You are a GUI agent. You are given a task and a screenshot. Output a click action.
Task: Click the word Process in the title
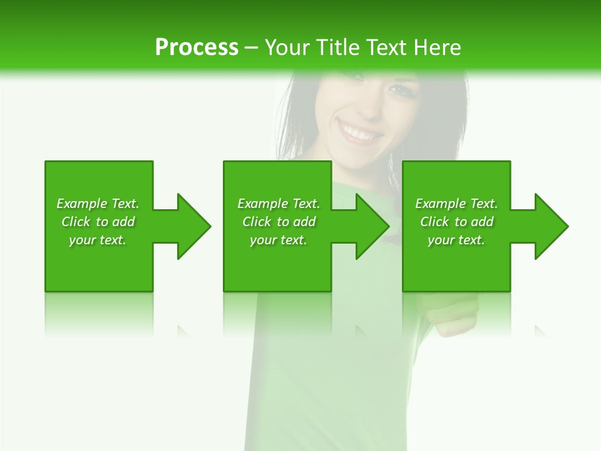click(x=197, y=48)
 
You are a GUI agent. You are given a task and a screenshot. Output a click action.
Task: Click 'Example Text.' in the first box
click(x=98, y=204)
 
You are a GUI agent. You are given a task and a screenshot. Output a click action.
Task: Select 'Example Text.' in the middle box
click(x=279, y=204)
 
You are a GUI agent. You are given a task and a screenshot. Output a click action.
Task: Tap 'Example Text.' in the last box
click(x=456, y=204)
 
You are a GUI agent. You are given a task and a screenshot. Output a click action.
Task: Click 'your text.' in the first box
click(x=98, y=240)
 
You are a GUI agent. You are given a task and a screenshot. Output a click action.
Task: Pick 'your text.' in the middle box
click(x=279, y=240)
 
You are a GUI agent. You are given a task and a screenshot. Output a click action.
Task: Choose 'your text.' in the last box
click(x=456, y=240)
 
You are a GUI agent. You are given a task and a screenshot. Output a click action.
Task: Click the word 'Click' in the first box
click(x=76, y=222)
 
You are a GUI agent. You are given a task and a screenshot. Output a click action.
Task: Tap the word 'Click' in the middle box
click(x=257, y=222)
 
